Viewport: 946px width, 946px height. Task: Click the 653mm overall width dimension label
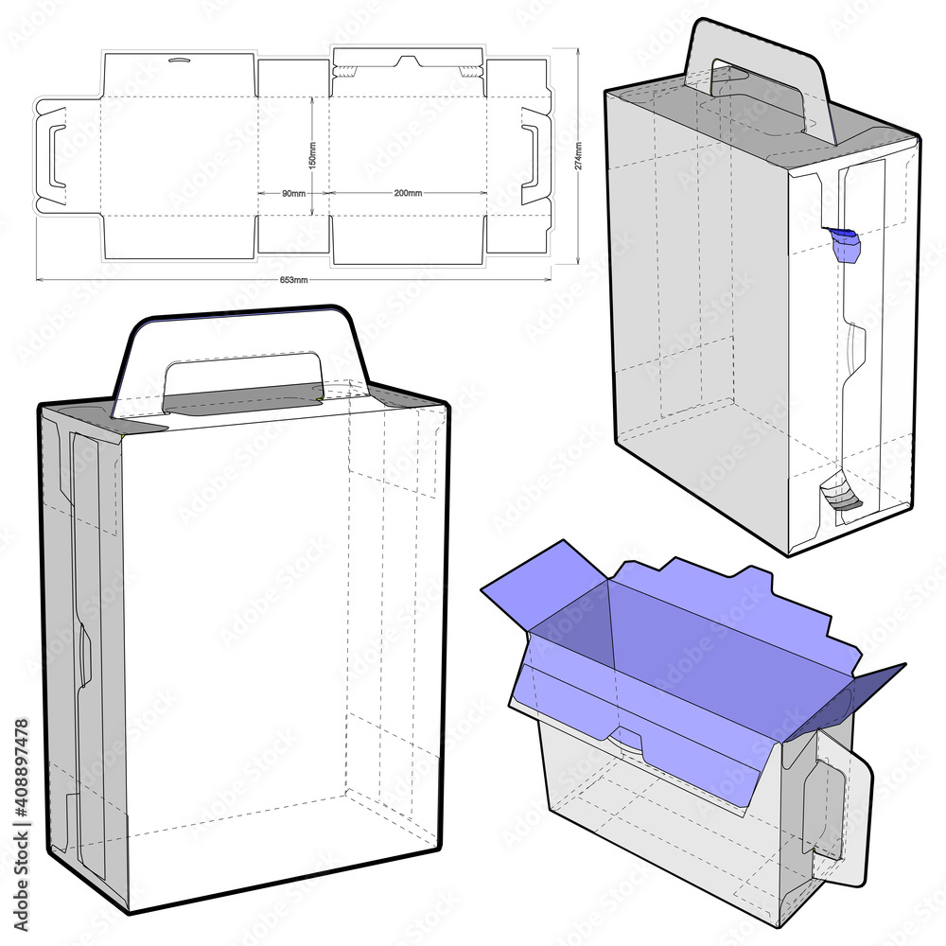click(x=294, y=280)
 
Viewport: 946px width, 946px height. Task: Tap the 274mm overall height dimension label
click(x=578, y=155)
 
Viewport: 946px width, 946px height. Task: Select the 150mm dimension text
click(x=313, y=156)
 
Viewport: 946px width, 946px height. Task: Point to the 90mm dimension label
click(x=293, y=193)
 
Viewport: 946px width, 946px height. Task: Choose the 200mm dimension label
click(x=408, y=193)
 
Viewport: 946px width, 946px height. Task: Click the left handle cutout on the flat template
click(x=58, y=156)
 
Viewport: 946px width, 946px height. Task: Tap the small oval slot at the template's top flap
click(x=178, y=62)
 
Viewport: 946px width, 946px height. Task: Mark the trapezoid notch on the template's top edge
click(x=408, y=62)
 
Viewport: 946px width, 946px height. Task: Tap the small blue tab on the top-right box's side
click(x=845, y=243)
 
